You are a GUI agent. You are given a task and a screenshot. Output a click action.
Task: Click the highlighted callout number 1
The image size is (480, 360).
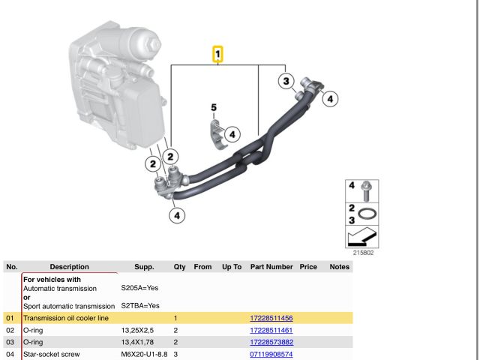click(x=217, y=54)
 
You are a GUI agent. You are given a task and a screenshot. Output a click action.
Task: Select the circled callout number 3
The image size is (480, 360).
click(x=286, y=81)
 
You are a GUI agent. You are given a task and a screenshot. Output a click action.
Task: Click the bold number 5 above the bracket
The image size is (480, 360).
click(x=213, y=108)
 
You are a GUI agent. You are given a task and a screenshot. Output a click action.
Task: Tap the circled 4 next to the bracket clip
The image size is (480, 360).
click(x=232, y=134)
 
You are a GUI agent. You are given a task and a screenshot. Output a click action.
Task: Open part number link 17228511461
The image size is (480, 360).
click(x=271, y=331)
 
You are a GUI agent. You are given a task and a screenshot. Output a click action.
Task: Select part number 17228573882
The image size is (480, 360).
click(x=271, y=342)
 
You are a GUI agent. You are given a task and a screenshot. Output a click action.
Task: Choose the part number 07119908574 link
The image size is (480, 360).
click(x=271, y=353)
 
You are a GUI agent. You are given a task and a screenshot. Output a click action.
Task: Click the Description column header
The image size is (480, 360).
click(x=69, y=266)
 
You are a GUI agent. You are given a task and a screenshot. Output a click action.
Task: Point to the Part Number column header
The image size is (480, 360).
click(x=271, y=266)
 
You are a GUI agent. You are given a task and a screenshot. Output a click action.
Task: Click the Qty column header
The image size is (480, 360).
click(x=179, y=266)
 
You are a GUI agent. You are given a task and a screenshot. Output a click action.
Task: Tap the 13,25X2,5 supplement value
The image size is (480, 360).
click(x=137, y=331)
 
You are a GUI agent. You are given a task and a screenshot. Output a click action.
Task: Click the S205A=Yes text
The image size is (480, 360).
click(x=139, y=288)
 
